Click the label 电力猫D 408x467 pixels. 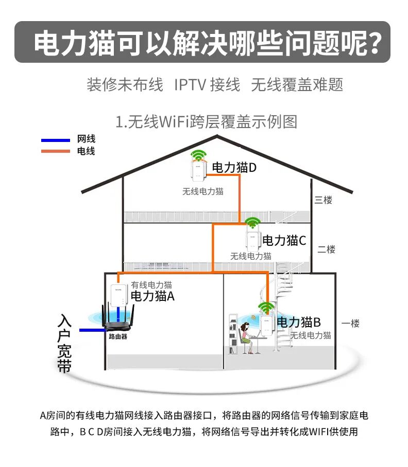(x=234, y=167)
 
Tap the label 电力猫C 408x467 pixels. (x=284, y=240)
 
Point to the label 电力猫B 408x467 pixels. (x=299, y=322)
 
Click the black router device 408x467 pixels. (x=118, y=322)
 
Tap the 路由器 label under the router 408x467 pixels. (x=118, y=337)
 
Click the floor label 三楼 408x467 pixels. (x=324, y=200)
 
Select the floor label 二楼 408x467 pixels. (x=327, y=249)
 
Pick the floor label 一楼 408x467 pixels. (x=350, y=324)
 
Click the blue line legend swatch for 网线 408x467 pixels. (x=55, y=140)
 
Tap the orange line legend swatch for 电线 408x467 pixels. (x=55, y=151)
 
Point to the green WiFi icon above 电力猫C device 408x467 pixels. (x=252, y=222)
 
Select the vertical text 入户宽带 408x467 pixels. (x=64, y=344)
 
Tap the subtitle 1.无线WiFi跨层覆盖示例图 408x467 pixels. (x=207, y=122)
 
